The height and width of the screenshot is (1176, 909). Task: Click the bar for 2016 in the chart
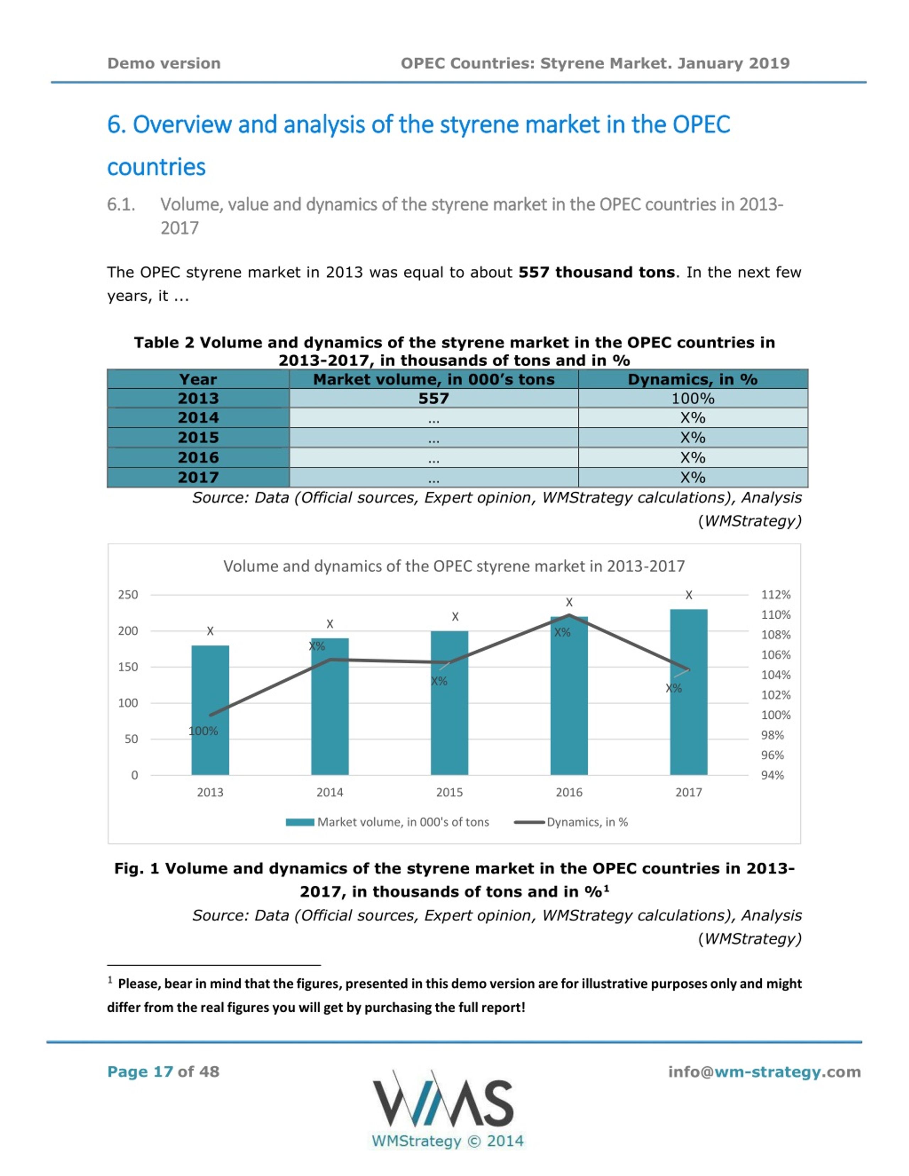pos(569,696)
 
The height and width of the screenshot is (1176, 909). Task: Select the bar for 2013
pos(210,710)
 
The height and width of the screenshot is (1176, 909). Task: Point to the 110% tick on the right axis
pos(775,615)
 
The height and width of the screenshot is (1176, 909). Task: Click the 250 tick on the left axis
pos(128,595)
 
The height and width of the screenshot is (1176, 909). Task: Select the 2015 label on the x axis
pos(449,792)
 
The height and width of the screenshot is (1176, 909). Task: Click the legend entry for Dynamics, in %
pos(571,822)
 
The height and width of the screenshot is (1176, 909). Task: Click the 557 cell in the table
pos(434,399)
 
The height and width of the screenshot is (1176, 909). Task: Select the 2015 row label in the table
pos(198,437)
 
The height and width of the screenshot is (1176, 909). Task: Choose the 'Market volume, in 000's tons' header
pos(434,379)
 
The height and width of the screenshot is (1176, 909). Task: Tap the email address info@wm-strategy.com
pos(764,1072)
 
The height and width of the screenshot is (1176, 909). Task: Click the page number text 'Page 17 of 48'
pos(163,1072)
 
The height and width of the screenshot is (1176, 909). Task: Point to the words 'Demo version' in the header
pos(164,63)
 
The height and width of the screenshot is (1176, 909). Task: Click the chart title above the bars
pos(454,566)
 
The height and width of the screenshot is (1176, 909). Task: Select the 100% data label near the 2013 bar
pos(203,731)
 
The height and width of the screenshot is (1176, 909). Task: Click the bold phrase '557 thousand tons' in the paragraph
pos(596,272)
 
